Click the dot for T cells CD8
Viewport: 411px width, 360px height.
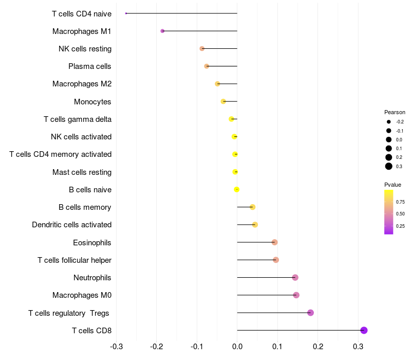click(364, 330)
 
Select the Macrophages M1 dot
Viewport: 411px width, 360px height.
click(162, 31)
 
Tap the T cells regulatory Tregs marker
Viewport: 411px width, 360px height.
click(310, 313)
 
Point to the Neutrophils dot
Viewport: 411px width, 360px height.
click(295, 278)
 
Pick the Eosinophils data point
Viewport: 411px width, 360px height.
click(274, 242)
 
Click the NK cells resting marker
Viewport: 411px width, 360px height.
click(202, 48)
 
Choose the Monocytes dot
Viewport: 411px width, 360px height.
click(223, 101)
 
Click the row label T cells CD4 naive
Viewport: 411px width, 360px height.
click(82, 13)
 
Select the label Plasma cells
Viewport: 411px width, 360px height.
click(90, 66)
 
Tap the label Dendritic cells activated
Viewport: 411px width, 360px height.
click(71, 225)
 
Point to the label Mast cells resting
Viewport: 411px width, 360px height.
click(82, 172)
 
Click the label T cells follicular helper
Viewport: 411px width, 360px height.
click(74, 260)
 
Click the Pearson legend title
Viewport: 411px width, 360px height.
click(395, 112)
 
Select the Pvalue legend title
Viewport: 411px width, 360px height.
click(393, 185)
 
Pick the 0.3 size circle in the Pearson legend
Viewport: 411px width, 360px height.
click(389, 166)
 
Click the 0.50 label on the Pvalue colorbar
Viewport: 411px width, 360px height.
click(400, 213)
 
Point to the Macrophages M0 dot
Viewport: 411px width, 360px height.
click(296, 295)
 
